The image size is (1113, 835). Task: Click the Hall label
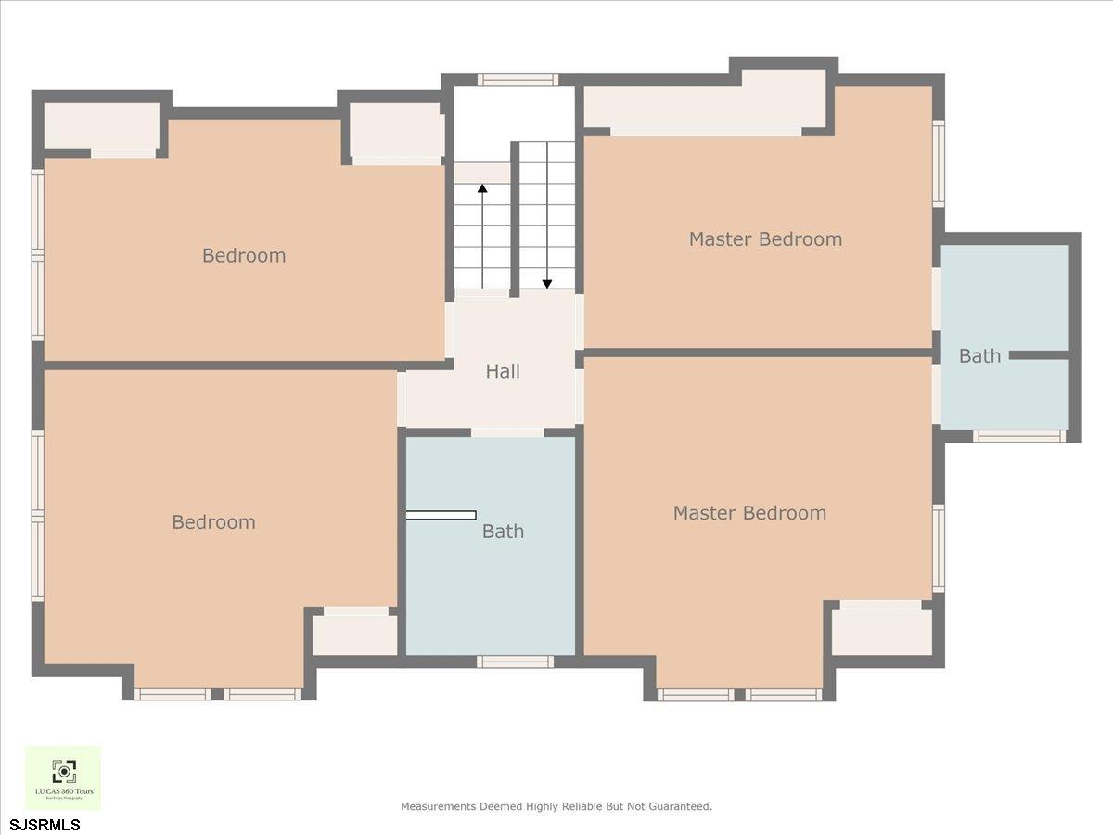pyautogui.click(x=503, y=371)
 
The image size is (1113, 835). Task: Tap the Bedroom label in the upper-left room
pyautogui.click(x=244, y=255)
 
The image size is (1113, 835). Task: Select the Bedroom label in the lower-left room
pyautogui.click(x=213, y=522)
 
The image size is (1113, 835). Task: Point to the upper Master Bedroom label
pyautogui.click(x=765, y=239)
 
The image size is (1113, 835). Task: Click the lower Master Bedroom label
pyautogui.click(x=749, y=513)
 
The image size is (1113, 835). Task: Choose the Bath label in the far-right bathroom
pyautogui.click(x=979, y=356)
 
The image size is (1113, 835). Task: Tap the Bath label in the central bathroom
pyautogui.click(x=503, y=532)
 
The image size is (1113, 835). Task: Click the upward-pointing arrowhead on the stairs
pyautogui.click(x=482, y=190)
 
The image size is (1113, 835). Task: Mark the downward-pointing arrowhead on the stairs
pyautogui.click(x=547, y=283)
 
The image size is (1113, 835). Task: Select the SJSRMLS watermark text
pyautogui.click(x=45, y=824)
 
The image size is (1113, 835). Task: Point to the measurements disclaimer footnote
pyautogui.click(x=556, y=806)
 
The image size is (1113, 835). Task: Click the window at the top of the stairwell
pyautogui.click(x=518, y=80)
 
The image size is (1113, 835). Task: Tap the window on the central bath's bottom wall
pyautogui.click(x=515, y=662)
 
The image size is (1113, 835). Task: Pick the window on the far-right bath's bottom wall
pyautogui.click(x=1018, y=436)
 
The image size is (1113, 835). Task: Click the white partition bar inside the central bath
pyautogui.click(x=441, y=515)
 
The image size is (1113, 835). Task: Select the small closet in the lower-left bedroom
pyautogui.click(x=354, y=636)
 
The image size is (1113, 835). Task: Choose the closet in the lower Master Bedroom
pyautogui.click(x=881, y=632)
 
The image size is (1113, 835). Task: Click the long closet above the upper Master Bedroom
pyautogui.click(x=705, y=107)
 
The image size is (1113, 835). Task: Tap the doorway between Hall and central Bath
pyautogui.click(x=507, y=432)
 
